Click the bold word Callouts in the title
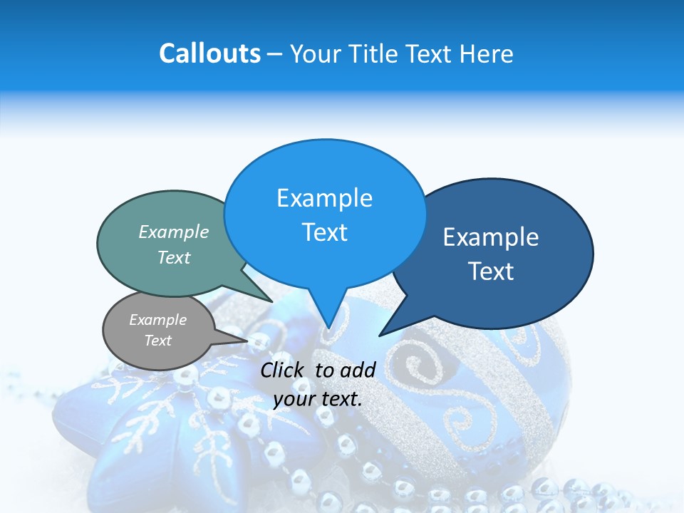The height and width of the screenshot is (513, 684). pyautogui.click(x=209, y=53)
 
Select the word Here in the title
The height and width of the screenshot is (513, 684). pyautogui.click(x=487, y=53)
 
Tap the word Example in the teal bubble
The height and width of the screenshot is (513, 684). pyautogui.click(x=174, y=232)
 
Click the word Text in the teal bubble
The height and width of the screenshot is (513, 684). pyautogui.click(x=174, y=257)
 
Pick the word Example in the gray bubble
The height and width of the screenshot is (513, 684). pyautogui.click(x=157, y=320)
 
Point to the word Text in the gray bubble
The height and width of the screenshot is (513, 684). pyautogui.click(x=157, y=341)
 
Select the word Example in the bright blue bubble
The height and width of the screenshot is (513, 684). pyautogui.click(x=324, y=198)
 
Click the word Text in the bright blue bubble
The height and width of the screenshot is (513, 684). pyautogui.click(x=324, y=232)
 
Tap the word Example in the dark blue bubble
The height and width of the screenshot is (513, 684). pyautogui.click(x=491, y=237)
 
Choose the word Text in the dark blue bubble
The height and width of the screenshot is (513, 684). pyautogui.click(x=491, y=271)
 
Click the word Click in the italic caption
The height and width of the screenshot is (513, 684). pyautogui.click(x=284, y=370)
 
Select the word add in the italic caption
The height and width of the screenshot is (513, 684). pyautogui.click(x=358, y=370)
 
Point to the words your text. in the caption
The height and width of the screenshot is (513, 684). pyautogui.click(x=318, y=398)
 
